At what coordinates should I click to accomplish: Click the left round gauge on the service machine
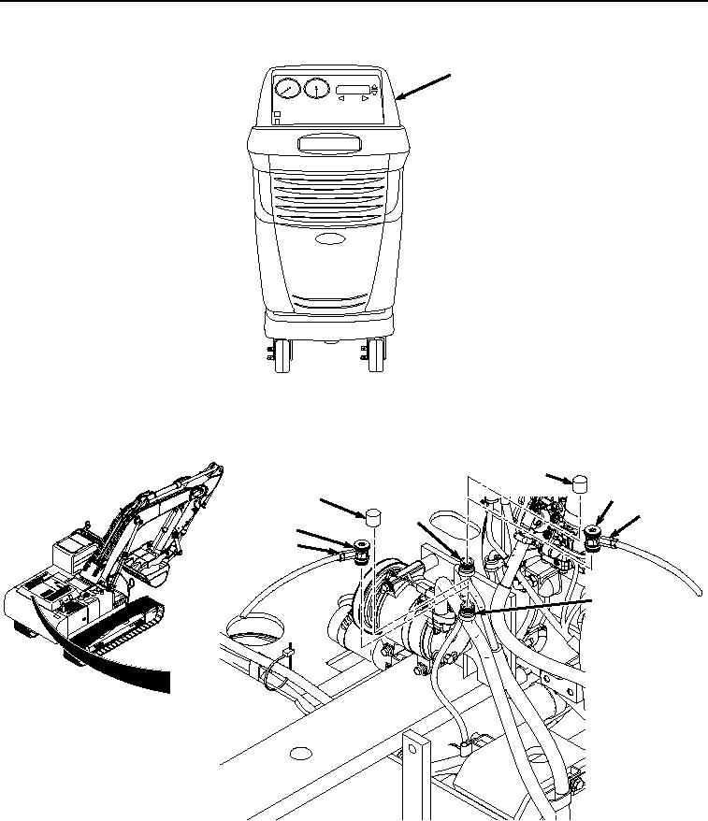tap(287, 89)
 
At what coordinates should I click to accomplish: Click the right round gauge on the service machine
tap(316, 90)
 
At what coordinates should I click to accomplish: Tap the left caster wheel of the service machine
tap(282, 355)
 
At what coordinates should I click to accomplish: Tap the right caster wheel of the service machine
tap(376, 355)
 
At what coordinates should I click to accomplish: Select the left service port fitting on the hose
tap(360, 548)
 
